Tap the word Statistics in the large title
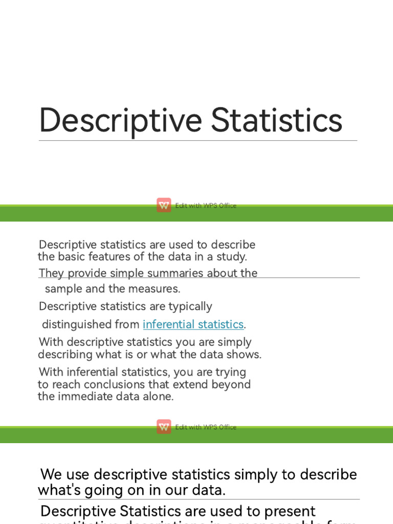point(277,120)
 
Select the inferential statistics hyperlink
point(193,324)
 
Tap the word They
point(51,273)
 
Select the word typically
point(187,307)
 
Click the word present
point(292,511)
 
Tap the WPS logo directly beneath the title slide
point(164,205)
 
